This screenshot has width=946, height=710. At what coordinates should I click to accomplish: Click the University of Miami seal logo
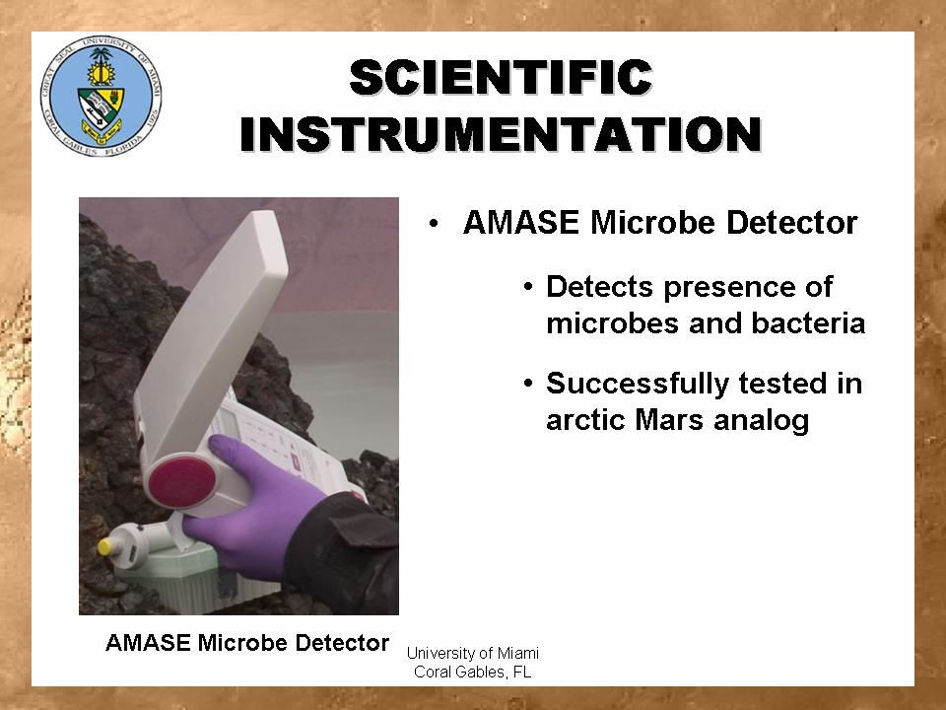click(101, 97)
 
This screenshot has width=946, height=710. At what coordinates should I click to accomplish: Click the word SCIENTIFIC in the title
click(502, 77)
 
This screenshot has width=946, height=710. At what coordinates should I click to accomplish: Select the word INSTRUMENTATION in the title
click(502, 134)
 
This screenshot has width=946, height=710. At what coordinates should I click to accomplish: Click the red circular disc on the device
click(181, 482)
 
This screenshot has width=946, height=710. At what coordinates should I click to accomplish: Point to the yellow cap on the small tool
click(105, 547)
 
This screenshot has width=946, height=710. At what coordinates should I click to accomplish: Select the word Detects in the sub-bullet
click(599, 286)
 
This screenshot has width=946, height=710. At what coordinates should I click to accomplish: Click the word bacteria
click(808, 322)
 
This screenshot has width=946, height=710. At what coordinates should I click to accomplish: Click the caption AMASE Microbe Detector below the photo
click(247, 642)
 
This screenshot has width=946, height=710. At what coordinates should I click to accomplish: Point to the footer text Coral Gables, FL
click(472, 672)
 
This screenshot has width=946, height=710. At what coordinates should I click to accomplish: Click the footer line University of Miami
click(472, 653)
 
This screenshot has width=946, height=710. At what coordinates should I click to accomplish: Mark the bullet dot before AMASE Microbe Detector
click(434, 224)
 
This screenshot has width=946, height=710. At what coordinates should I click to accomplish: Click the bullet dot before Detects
click(528, 286)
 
